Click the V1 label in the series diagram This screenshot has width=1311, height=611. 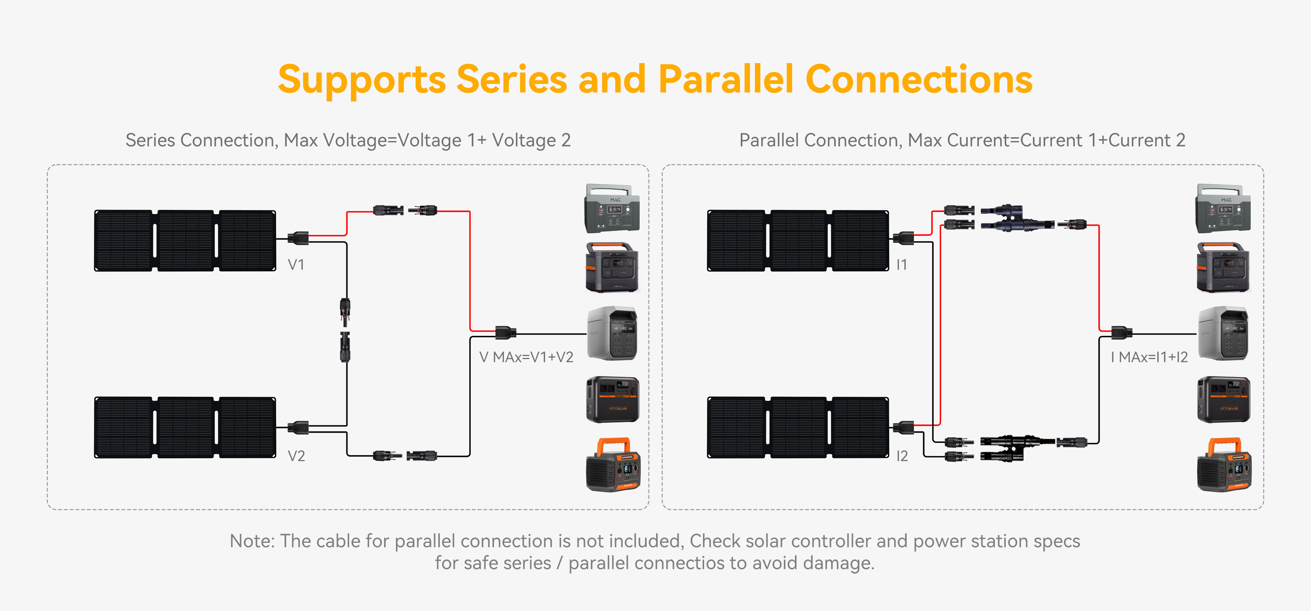tap(296, 265)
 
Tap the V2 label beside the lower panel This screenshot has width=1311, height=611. tap(296, 456)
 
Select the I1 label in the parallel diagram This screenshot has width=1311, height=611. tap(901, 265)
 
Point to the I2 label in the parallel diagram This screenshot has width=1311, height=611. tap(902, 456)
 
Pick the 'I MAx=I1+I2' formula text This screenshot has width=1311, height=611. tap(1149, 357)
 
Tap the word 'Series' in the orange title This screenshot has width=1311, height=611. tap(512, 80)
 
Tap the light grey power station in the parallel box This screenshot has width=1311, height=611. tap(1223, 333)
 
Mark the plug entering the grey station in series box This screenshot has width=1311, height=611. tap(506, 333)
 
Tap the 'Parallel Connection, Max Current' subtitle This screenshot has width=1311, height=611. tap(962, 140)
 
